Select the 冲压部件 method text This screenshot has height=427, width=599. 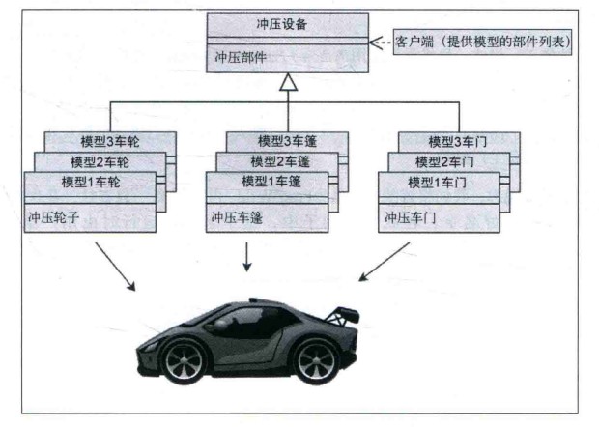[238, 56]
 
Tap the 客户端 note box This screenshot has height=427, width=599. [483, 43]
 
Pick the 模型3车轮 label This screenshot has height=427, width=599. [107, 141]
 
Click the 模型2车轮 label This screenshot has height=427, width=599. [98, 161]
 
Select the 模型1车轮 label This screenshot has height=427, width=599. [88, 183]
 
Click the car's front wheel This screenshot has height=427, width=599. [185, 360]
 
